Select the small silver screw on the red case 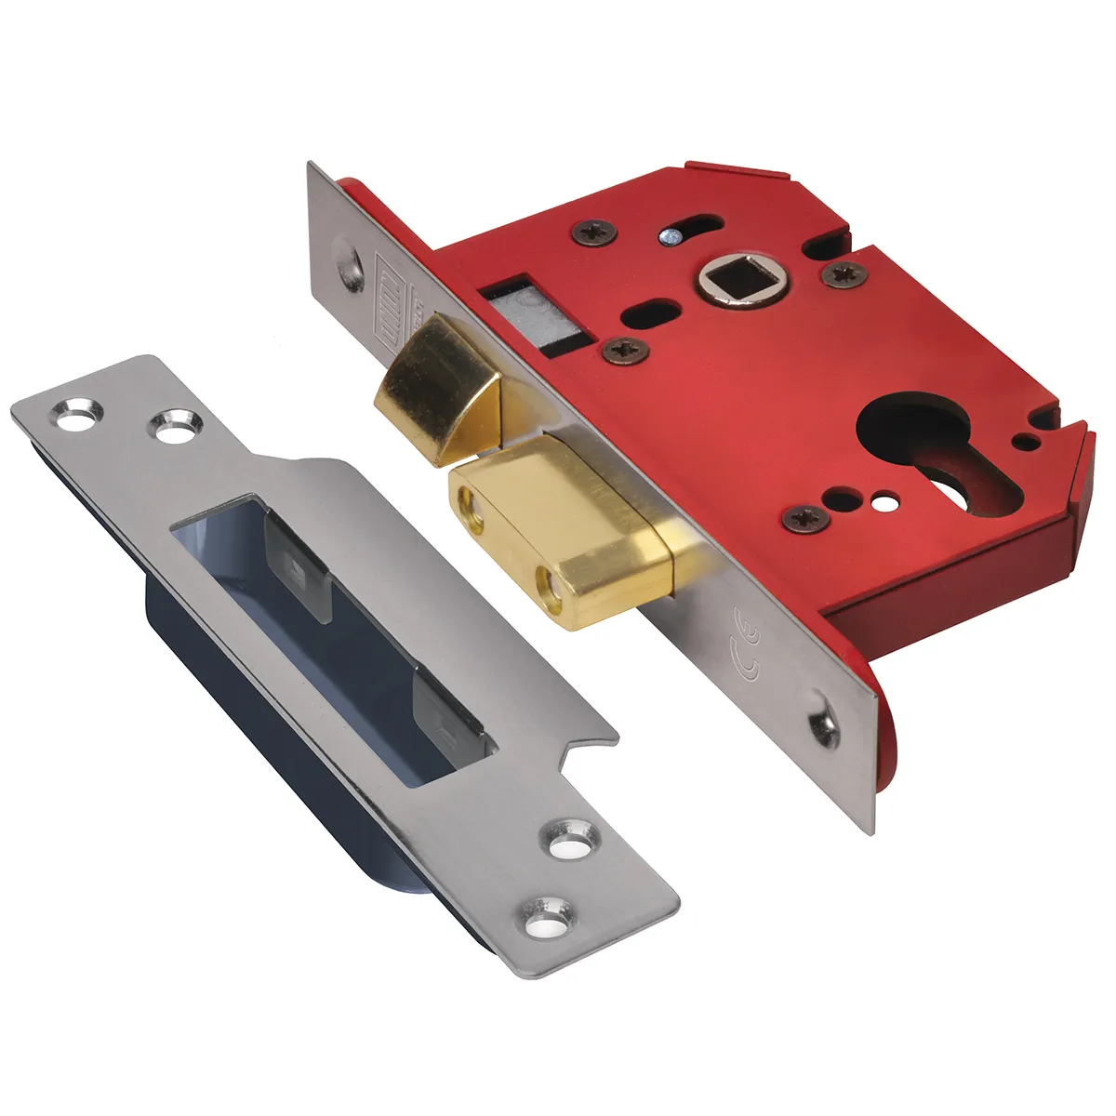[667, 239]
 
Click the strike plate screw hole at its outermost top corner [70, 418]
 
